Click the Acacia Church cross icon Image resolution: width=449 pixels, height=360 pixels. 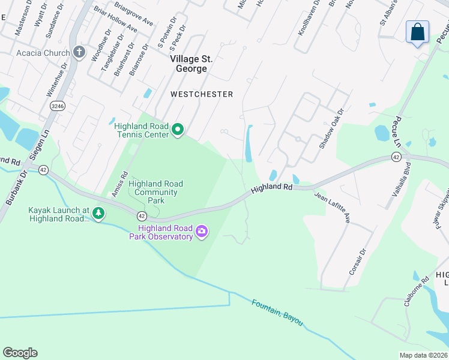79,52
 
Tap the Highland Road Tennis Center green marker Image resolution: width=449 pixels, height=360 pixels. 178,130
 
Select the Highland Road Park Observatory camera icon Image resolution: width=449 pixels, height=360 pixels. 202,232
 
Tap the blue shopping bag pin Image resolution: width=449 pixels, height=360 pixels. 417,32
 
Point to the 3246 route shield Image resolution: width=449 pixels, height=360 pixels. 58,106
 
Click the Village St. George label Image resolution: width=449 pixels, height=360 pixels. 188,64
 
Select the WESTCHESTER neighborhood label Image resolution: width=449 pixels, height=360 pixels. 201,94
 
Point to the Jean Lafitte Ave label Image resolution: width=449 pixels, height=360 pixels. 332,207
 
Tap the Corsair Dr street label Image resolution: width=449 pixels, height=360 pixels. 357,263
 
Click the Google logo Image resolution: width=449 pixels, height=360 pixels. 20,353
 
